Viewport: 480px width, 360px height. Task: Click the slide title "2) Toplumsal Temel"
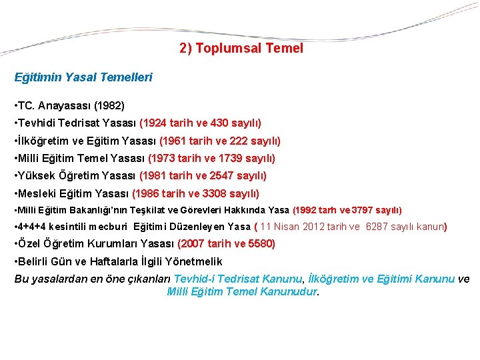(241, 49)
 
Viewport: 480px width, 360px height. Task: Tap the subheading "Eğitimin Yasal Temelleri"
(83, 77)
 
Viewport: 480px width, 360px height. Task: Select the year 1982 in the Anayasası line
(109, 106)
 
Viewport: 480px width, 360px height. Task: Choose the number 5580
(260, 244)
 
